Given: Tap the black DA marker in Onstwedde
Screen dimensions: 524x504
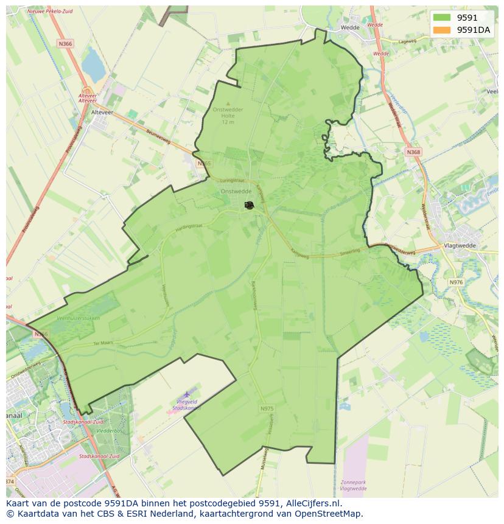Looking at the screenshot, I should coord(249,205).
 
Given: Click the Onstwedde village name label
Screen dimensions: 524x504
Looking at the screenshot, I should coord(236,191).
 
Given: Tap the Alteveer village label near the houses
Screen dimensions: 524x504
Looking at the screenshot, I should coord(102,113).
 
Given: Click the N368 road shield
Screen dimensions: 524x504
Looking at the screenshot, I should coord(413,152).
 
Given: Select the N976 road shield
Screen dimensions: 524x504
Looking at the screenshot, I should coord(456,282).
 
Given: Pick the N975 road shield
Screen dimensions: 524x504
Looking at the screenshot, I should coord(267,408).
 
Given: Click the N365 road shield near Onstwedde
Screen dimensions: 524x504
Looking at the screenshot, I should coord(204,164).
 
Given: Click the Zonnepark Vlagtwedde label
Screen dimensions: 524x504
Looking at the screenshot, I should coord(353,485).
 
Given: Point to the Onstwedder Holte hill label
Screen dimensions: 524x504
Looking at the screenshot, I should coord(228,113).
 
